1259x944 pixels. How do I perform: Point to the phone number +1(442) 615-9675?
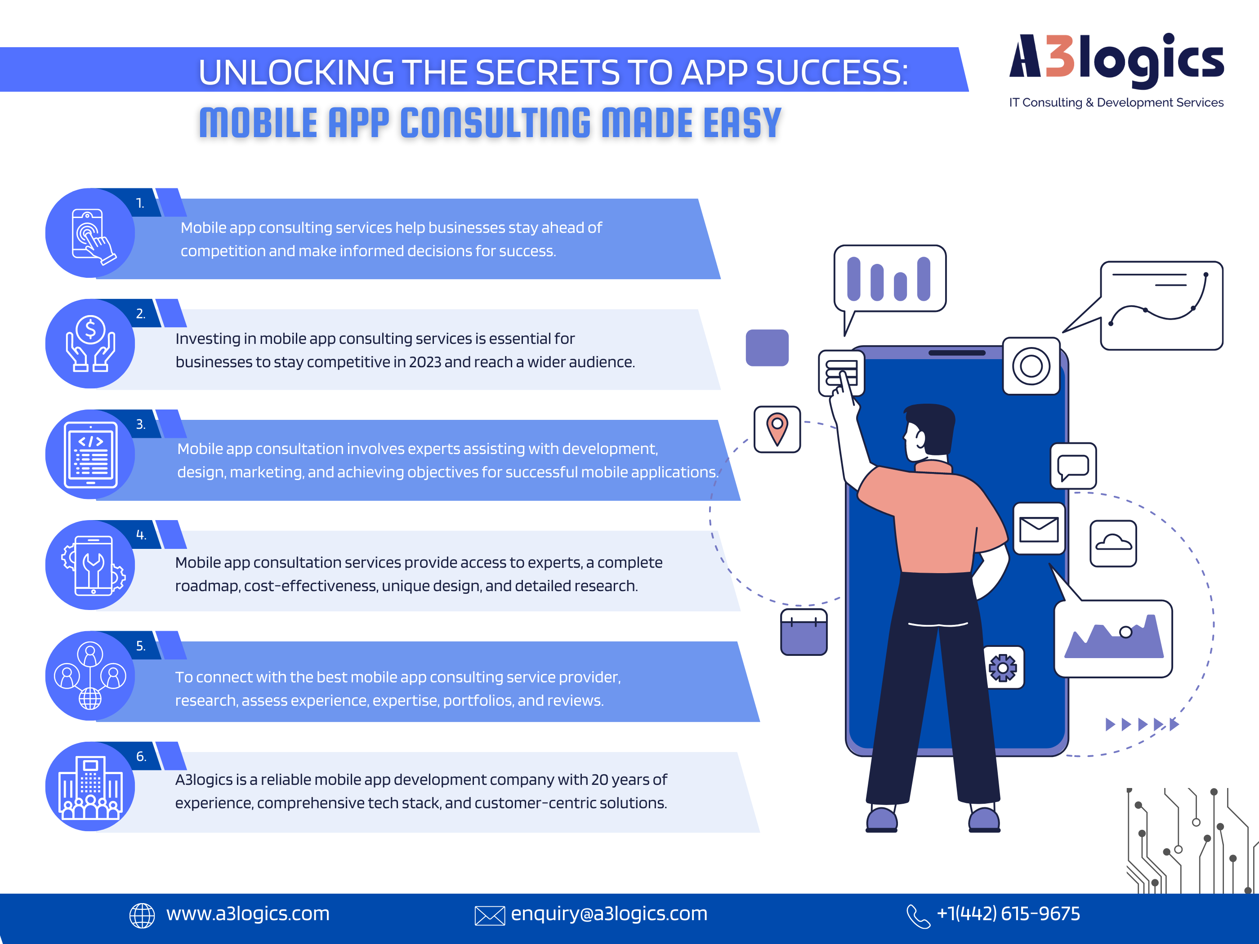(x=1008, y=913)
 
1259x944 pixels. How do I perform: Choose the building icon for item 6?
(x=90, y=787)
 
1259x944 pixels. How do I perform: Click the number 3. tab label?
(x=141, y=424)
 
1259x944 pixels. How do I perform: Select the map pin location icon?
(x=777, y=430)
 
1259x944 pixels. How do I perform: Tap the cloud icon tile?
(x=1113, y=543)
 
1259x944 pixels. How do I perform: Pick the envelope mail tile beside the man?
(x=1039, y=529)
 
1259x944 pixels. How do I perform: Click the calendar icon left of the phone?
(x=804, y=632)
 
